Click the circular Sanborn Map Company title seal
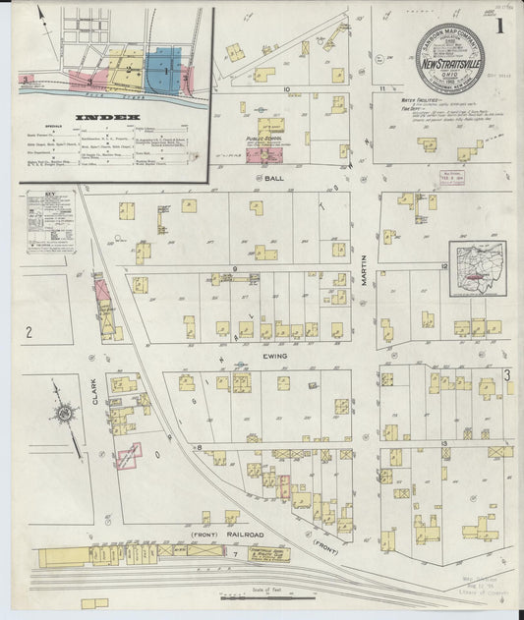pyautogui.click(x=448, y=59)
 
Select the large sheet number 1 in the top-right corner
pyautogui.click(x=500, y=27)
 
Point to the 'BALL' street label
pyautogui.click(x=274, y=178)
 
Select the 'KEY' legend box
pyautogui.click(x=50, y=222)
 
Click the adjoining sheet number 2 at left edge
pyautogui.click(x=29, y=333)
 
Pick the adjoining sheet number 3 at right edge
pyautogui.click(x=507, y=374)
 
